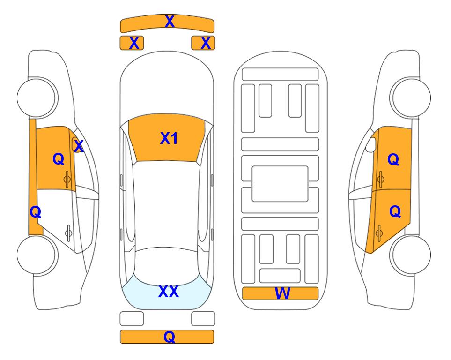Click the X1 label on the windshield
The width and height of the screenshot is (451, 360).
[169, 138]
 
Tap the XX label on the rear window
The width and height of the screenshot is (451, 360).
[169, 292]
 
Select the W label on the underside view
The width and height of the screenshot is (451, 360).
[282, 293]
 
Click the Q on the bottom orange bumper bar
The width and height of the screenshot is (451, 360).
[170, 337]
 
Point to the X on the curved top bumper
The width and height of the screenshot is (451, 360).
[170, 22]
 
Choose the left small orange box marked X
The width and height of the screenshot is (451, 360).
[132, 43]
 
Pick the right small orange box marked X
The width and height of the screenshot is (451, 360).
[203, 43]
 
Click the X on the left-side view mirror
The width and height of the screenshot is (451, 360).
[79, 146]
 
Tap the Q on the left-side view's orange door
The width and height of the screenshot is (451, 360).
[59, 159]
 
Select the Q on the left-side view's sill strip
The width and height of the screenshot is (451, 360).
[36, 212]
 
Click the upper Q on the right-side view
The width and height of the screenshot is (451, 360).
[393, 159]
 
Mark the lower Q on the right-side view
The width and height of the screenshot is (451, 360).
[395, 212]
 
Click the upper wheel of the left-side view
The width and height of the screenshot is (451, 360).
[37, 97]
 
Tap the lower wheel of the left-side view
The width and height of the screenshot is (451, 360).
[37, 255]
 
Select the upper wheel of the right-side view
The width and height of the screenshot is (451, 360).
[410, 97]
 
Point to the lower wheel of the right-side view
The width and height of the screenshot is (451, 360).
[410, 255]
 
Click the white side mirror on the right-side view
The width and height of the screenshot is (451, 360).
[371, 144]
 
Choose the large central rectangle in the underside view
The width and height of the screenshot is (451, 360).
[280, 184]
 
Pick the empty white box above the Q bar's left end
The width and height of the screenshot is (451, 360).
[132, 319]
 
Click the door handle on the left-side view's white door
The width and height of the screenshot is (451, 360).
[68, 232]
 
